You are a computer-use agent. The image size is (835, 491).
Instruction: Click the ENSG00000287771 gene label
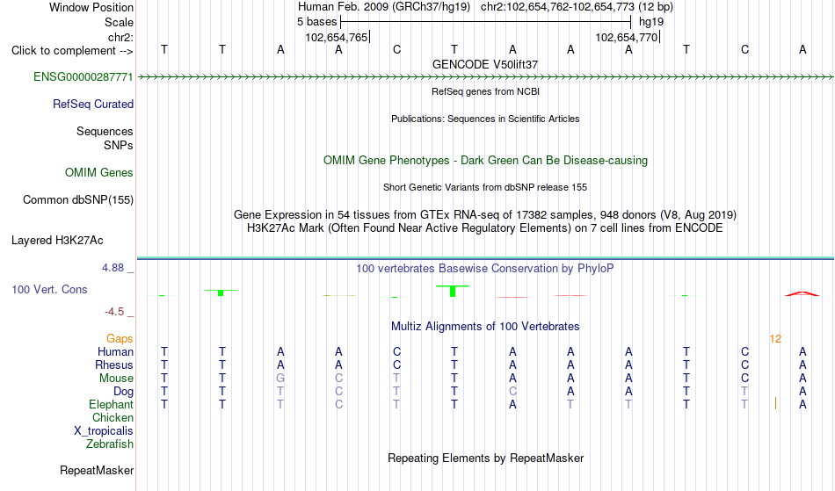83,77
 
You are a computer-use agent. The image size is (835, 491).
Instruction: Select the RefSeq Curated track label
93,105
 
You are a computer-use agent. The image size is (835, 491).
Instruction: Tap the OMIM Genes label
99,173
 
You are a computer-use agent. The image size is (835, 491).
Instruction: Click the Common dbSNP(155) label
78,200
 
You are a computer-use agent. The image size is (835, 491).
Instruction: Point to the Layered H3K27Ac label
57,241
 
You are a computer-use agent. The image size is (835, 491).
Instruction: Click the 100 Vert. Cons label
49,289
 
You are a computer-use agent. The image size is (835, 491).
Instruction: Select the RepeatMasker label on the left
97,470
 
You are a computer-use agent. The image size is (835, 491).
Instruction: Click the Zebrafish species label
110,444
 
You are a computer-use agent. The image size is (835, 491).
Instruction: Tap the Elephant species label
112,405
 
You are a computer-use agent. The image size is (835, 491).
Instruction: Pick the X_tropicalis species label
104,431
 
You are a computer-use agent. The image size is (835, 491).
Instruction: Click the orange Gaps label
120,339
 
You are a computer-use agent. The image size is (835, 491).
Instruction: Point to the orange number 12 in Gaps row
775,339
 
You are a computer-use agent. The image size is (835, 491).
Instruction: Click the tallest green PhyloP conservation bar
453,291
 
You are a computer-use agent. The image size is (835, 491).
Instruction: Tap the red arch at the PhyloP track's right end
802,293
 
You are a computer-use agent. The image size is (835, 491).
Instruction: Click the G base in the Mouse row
280,379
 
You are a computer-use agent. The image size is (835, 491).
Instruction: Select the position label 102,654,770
626,37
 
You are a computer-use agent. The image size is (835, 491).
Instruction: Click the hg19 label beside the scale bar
651,22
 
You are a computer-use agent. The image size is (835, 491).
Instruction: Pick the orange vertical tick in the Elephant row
775,404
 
